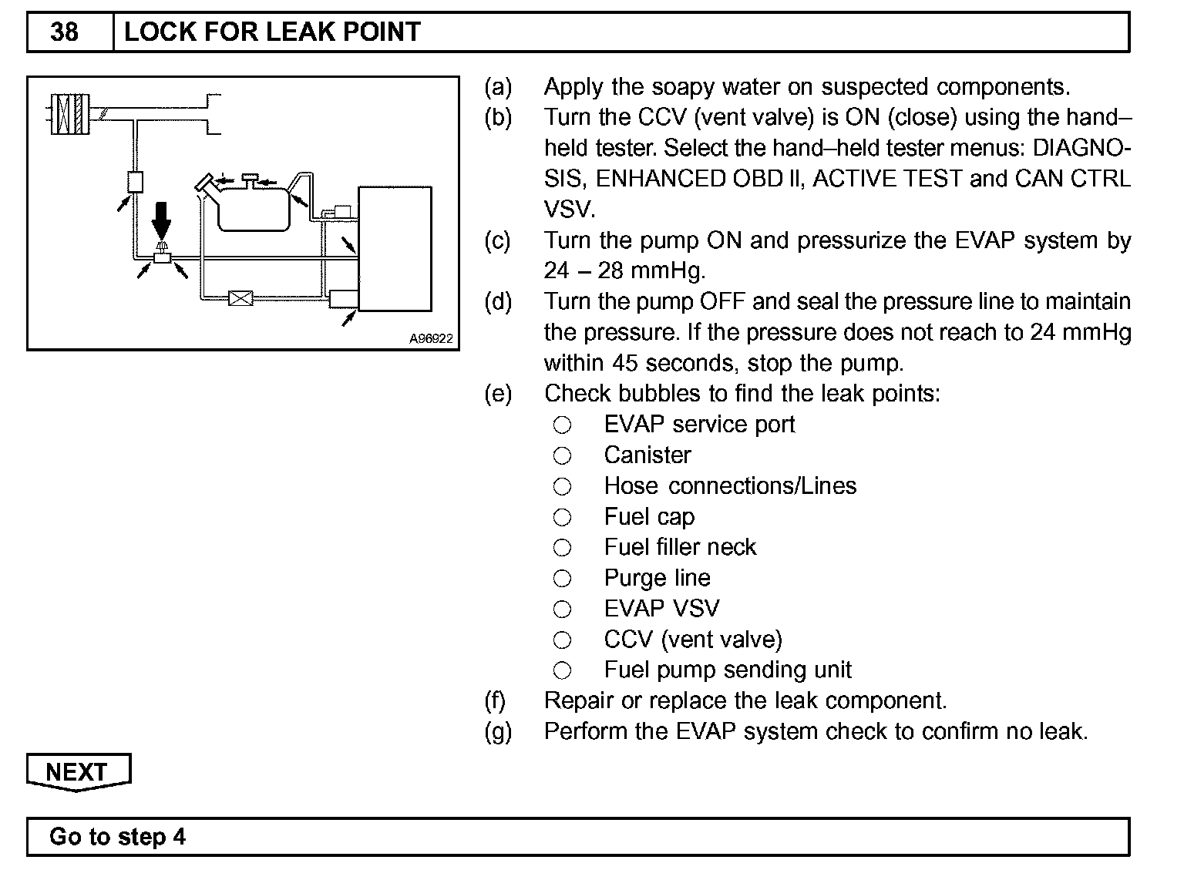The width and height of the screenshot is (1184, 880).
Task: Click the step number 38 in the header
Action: (64, 32)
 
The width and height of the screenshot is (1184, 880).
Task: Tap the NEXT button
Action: (78, 771)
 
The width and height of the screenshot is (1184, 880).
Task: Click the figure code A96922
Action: (431, 338)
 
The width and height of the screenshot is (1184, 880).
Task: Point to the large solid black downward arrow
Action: (161, 220)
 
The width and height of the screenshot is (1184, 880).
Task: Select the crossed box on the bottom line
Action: (240, 297)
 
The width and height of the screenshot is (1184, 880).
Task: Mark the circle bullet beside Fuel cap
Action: (563, 517)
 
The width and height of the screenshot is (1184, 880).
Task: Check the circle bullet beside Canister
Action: (563, 455)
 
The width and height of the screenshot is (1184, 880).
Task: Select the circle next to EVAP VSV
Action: (563, 610)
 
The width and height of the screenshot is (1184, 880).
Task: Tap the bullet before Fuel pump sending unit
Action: (563, 670)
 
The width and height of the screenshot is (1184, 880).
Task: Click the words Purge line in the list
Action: (657, 578)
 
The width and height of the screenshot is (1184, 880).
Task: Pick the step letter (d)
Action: (498, 301)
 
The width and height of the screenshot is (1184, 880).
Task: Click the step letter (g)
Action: (498, 731)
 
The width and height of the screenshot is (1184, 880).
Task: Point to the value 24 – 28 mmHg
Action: (624, 271)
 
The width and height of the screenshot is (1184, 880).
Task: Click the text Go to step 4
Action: (117, 837)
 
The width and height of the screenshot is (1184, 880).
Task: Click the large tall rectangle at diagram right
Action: (395, 248)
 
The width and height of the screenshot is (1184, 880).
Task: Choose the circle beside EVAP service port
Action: (563, 425)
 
